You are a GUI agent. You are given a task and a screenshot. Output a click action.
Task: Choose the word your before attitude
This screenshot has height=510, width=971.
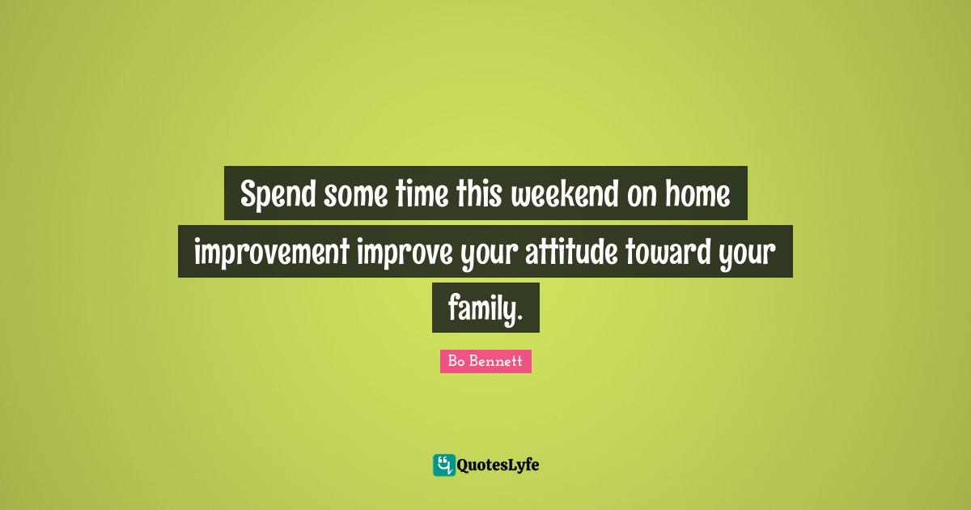[489, 253]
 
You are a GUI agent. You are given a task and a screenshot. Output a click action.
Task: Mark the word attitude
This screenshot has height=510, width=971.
[572, 253]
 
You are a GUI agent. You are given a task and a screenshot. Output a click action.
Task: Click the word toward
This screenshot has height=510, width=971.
[668, 253]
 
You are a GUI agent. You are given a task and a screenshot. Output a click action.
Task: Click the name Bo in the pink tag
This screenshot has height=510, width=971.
[456, 362]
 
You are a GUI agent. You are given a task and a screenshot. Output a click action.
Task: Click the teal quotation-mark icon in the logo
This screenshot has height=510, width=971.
[443, 465]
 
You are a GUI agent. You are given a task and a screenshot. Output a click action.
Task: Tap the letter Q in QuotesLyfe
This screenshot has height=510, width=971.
[464, 465]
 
